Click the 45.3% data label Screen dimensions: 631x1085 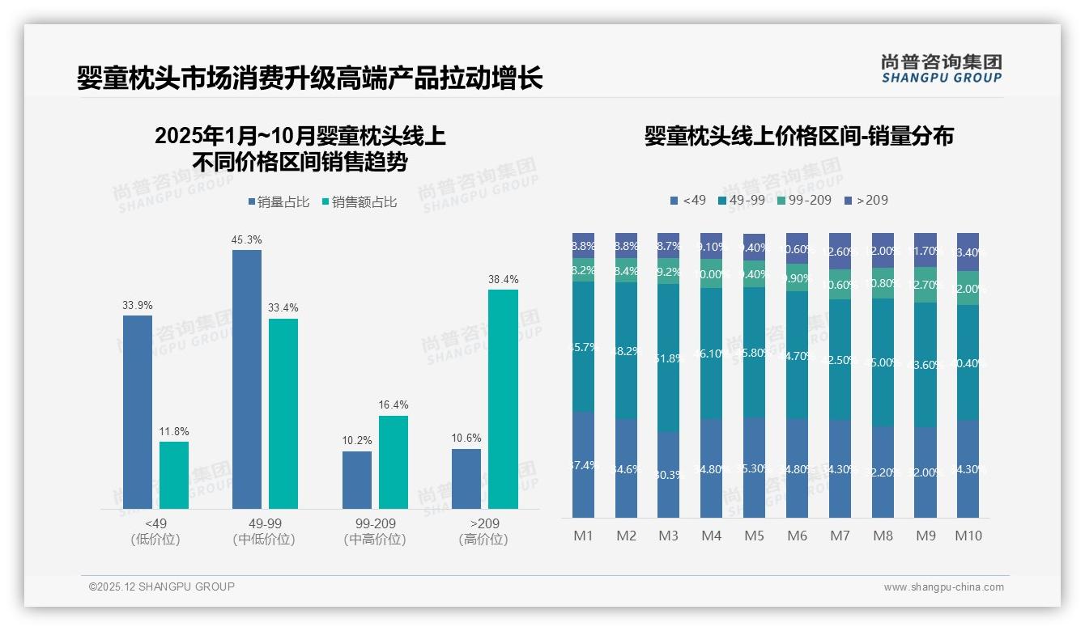click(x=247, y=240)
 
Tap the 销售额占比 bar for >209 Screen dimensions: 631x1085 click(x=503, y=399)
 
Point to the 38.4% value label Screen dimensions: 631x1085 click(x=503, y=280)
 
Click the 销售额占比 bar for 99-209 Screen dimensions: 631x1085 click(x=394, y=462)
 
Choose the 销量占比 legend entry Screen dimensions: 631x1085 click(x=279, y=202)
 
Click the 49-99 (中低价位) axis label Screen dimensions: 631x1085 click(x=264, y=531)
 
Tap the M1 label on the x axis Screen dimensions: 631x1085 click(x=583, y=536)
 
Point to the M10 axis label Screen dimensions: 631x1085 click(x=968, y=536)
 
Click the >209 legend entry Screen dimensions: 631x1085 click(x=866, y=200)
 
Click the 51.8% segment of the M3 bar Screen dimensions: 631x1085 click(x=668, y=358)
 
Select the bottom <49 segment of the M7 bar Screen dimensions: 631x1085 click(x=840, y=468)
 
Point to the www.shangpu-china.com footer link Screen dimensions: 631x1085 click(x=943, y=587)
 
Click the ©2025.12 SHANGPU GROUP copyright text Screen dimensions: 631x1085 click(x=162, y=587)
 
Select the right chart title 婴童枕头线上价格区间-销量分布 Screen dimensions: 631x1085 click(x=798, y=136)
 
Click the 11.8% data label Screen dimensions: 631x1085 click(x=174, y=432)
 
